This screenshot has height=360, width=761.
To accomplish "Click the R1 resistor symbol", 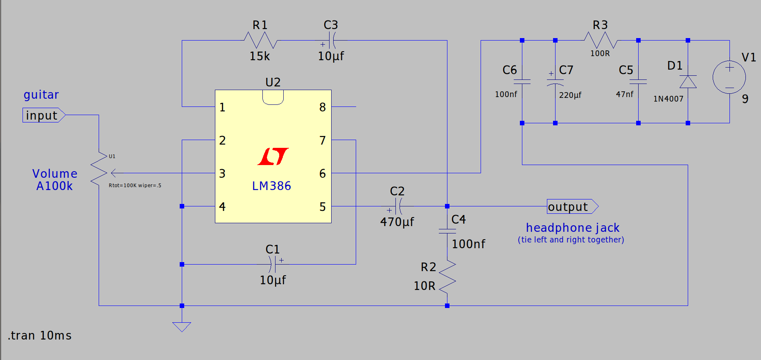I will [x=260, y=41].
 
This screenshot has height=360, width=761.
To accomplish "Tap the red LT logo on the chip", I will [x=273, y=156].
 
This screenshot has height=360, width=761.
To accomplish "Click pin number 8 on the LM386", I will [x=323, y=107].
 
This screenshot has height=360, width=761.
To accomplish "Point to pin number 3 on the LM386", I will [x=222, y=174].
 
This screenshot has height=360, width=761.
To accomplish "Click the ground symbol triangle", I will [x=182, y=326].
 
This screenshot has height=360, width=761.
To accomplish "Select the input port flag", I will [x=43, y=115].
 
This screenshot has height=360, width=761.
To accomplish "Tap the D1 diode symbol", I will [x=688, y=82].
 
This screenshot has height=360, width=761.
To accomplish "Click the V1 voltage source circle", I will [x=729, y=77].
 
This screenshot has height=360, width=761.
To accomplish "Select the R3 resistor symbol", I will [x=600, y=41].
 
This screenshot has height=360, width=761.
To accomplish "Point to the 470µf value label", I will [x=397, y=222].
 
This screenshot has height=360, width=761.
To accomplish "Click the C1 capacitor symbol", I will [x=273, y=264].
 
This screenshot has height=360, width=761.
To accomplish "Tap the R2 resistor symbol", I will [x=447, y=277].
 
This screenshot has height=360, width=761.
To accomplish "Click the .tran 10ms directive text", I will [x=40, y=336].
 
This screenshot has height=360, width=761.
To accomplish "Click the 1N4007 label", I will [x=668, y=99].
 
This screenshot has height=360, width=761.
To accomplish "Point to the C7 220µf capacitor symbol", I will [x=555, y=82].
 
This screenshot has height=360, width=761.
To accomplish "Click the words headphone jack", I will [x=572, y=228].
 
